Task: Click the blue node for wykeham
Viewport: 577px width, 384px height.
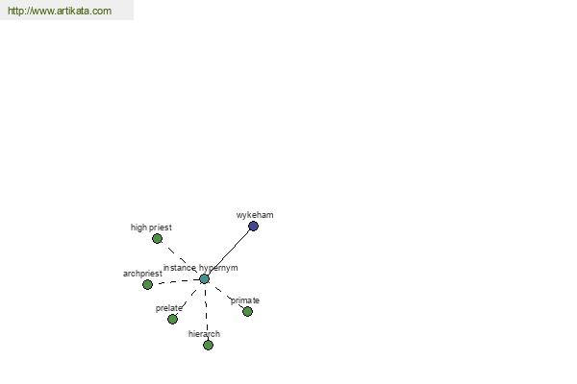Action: [253, 227]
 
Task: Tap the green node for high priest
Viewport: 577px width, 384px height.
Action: [157, 239]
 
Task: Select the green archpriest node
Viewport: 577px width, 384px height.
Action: [147, 284]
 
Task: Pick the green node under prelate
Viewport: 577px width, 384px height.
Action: [172, 319]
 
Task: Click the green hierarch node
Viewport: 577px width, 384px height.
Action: [208, 345]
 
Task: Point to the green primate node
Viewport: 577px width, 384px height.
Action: [248, 312]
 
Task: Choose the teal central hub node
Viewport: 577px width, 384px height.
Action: [204, 279]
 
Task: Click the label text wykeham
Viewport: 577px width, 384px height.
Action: [255, 215]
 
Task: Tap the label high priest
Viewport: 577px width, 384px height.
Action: [151, 228]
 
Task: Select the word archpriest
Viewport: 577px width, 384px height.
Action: [142, 274]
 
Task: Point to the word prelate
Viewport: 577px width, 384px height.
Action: [169, 308]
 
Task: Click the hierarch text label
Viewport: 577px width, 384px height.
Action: [204, 334]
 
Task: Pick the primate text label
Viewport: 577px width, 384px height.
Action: [245, 300]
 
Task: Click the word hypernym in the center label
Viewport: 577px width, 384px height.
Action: [218, 268]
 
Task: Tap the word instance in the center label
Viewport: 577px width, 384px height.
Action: [180, 268]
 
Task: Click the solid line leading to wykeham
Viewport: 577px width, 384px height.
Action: [229, 252]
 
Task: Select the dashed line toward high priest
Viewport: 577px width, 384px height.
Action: [181, 259]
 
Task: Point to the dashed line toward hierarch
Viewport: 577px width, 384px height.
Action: [206, 312]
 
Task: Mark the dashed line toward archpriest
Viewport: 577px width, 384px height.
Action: [176, 281]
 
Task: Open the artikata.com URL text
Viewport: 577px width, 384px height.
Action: [60, 11]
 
